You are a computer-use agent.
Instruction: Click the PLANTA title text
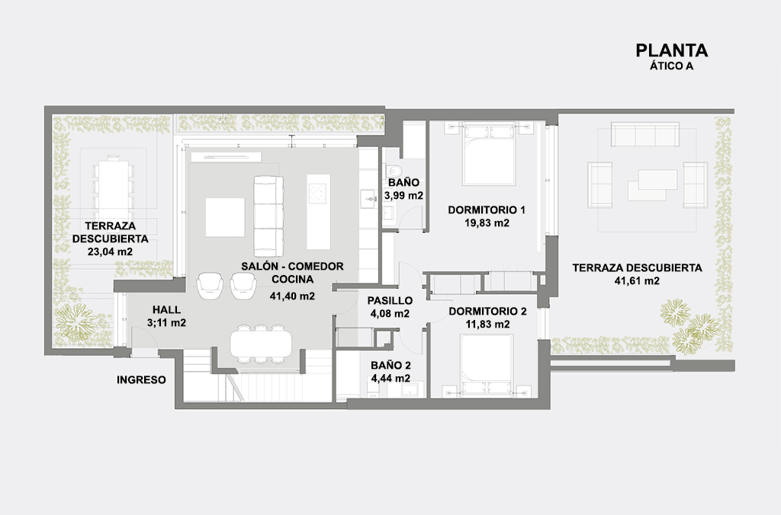tap(671, 50)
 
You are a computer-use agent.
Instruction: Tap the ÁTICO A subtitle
tap(671, 66)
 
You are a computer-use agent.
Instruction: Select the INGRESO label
tap(141, 379)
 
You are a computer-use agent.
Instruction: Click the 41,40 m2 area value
tap(292, 296)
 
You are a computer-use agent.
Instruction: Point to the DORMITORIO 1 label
tap(487, 210)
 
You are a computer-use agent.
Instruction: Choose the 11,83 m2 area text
tap(487, 325)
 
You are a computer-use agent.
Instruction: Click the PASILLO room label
tap(390, 300)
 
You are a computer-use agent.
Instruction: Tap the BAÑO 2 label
tap(391, 366)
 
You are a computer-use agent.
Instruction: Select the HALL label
tap(167, 310)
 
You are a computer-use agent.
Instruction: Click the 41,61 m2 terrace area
tap(637, 280)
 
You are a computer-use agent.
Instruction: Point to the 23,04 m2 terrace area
tap(110, 251)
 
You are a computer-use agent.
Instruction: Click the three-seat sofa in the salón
tap(268, 216)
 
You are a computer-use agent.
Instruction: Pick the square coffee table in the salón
tap(225, 217)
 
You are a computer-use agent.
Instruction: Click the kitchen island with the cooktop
tap(318, 212)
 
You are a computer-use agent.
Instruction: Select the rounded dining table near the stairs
tap(261, 344)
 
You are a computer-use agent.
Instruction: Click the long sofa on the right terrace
tap(645, 134)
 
